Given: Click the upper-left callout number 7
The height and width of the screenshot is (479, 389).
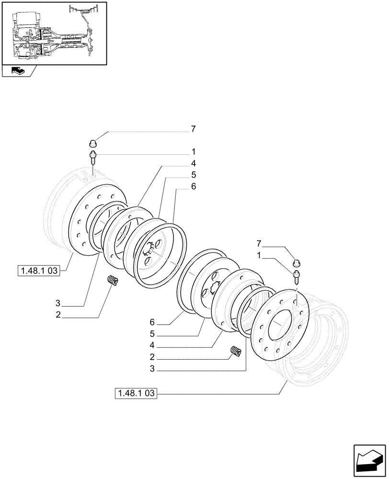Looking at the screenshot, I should click(x=193, y=129).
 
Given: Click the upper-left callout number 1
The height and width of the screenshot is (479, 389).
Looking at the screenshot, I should click(x=193, y=152).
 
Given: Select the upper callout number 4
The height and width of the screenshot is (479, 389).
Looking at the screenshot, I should click(x=193, y=164).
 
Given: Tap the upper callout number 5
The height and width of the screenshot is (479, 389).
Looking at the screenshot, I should click(x=193, y=175).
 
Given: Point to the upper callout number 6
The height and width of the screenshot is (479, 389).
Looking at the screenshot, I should click(x=193, y=187).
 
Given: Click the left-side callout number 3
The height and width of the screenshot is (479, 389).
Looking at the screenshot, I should click(x=57, y=303).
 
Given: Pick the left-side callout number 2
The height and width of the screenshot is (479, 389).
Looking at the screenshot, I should click(x=57, y=315).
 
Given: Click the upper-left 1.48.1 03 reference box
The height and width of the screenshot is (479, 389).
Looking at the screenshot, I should click(x=38, y=271).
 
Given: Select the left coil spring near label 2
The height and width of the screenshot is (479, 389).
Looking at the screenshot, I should click(x=113, y=281).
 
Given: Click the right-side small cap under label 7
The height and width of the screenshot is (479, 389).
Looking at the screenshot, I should click(x=296, y=262).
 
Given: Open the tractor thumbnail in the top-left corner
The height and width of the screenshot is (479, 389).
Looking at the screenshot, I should click(x=54, y=33).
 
